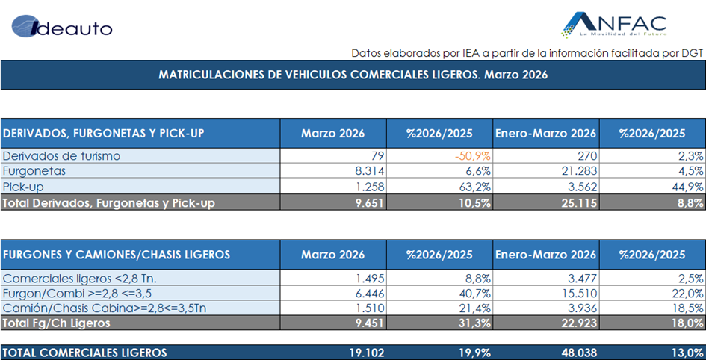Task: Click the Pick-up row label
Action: [24, 186]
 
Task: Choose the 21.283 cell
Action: [576, 171]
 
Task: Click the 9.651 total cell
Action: [368, 202]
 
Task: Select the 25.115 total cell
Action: [576, 202]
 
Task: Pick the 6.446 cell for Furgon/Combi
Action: [368, 293]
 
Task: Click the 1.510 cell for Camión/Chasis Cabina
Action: [369, 308]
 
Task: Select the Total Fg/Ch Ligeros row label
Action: [57, 323]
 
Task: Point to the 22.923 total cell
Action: [576, 323]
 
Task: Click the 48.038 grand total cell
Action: [576, 353]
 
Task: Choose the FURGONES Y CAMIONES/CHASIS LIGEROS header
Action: [117, 255]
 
